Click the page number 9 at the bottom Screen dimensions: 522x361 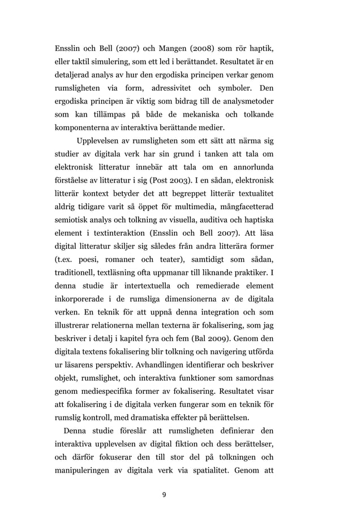164,495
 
